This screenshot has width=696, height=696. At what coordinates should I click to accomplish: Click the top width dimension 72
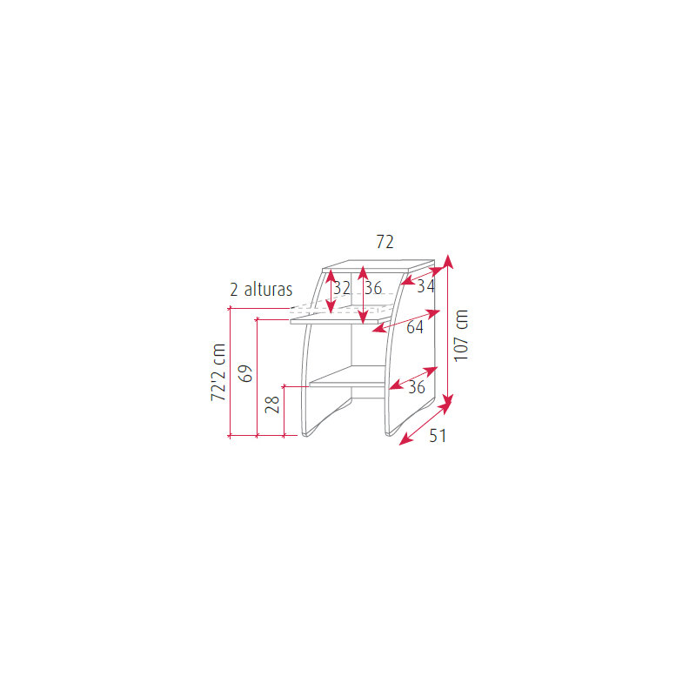[385, 242]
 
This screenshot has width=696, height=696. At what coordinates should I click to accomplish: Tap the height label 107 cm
[461, 336]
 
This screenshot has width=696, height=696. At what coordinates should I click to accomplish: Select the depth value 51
[438, 436]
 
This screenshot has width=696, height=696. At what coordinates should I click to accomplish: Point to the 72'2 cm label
[218, 372]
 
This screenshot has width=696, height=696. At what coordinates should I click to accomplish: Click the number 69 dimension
[245, 373]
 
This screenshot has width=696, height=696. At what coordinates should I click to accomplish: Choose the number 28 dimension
[272, 405]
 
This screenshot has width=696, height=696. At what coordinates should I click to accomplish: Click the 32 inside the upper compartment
[342, 288]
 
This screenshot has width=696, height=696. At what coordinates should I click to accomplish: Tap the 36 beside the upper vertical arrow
[373, 288]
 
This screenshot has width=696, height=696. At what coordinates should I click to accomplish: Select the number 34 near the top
[425, 286]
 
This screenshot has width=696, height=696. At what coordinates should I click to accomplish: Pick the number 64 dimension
[415, 327]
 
